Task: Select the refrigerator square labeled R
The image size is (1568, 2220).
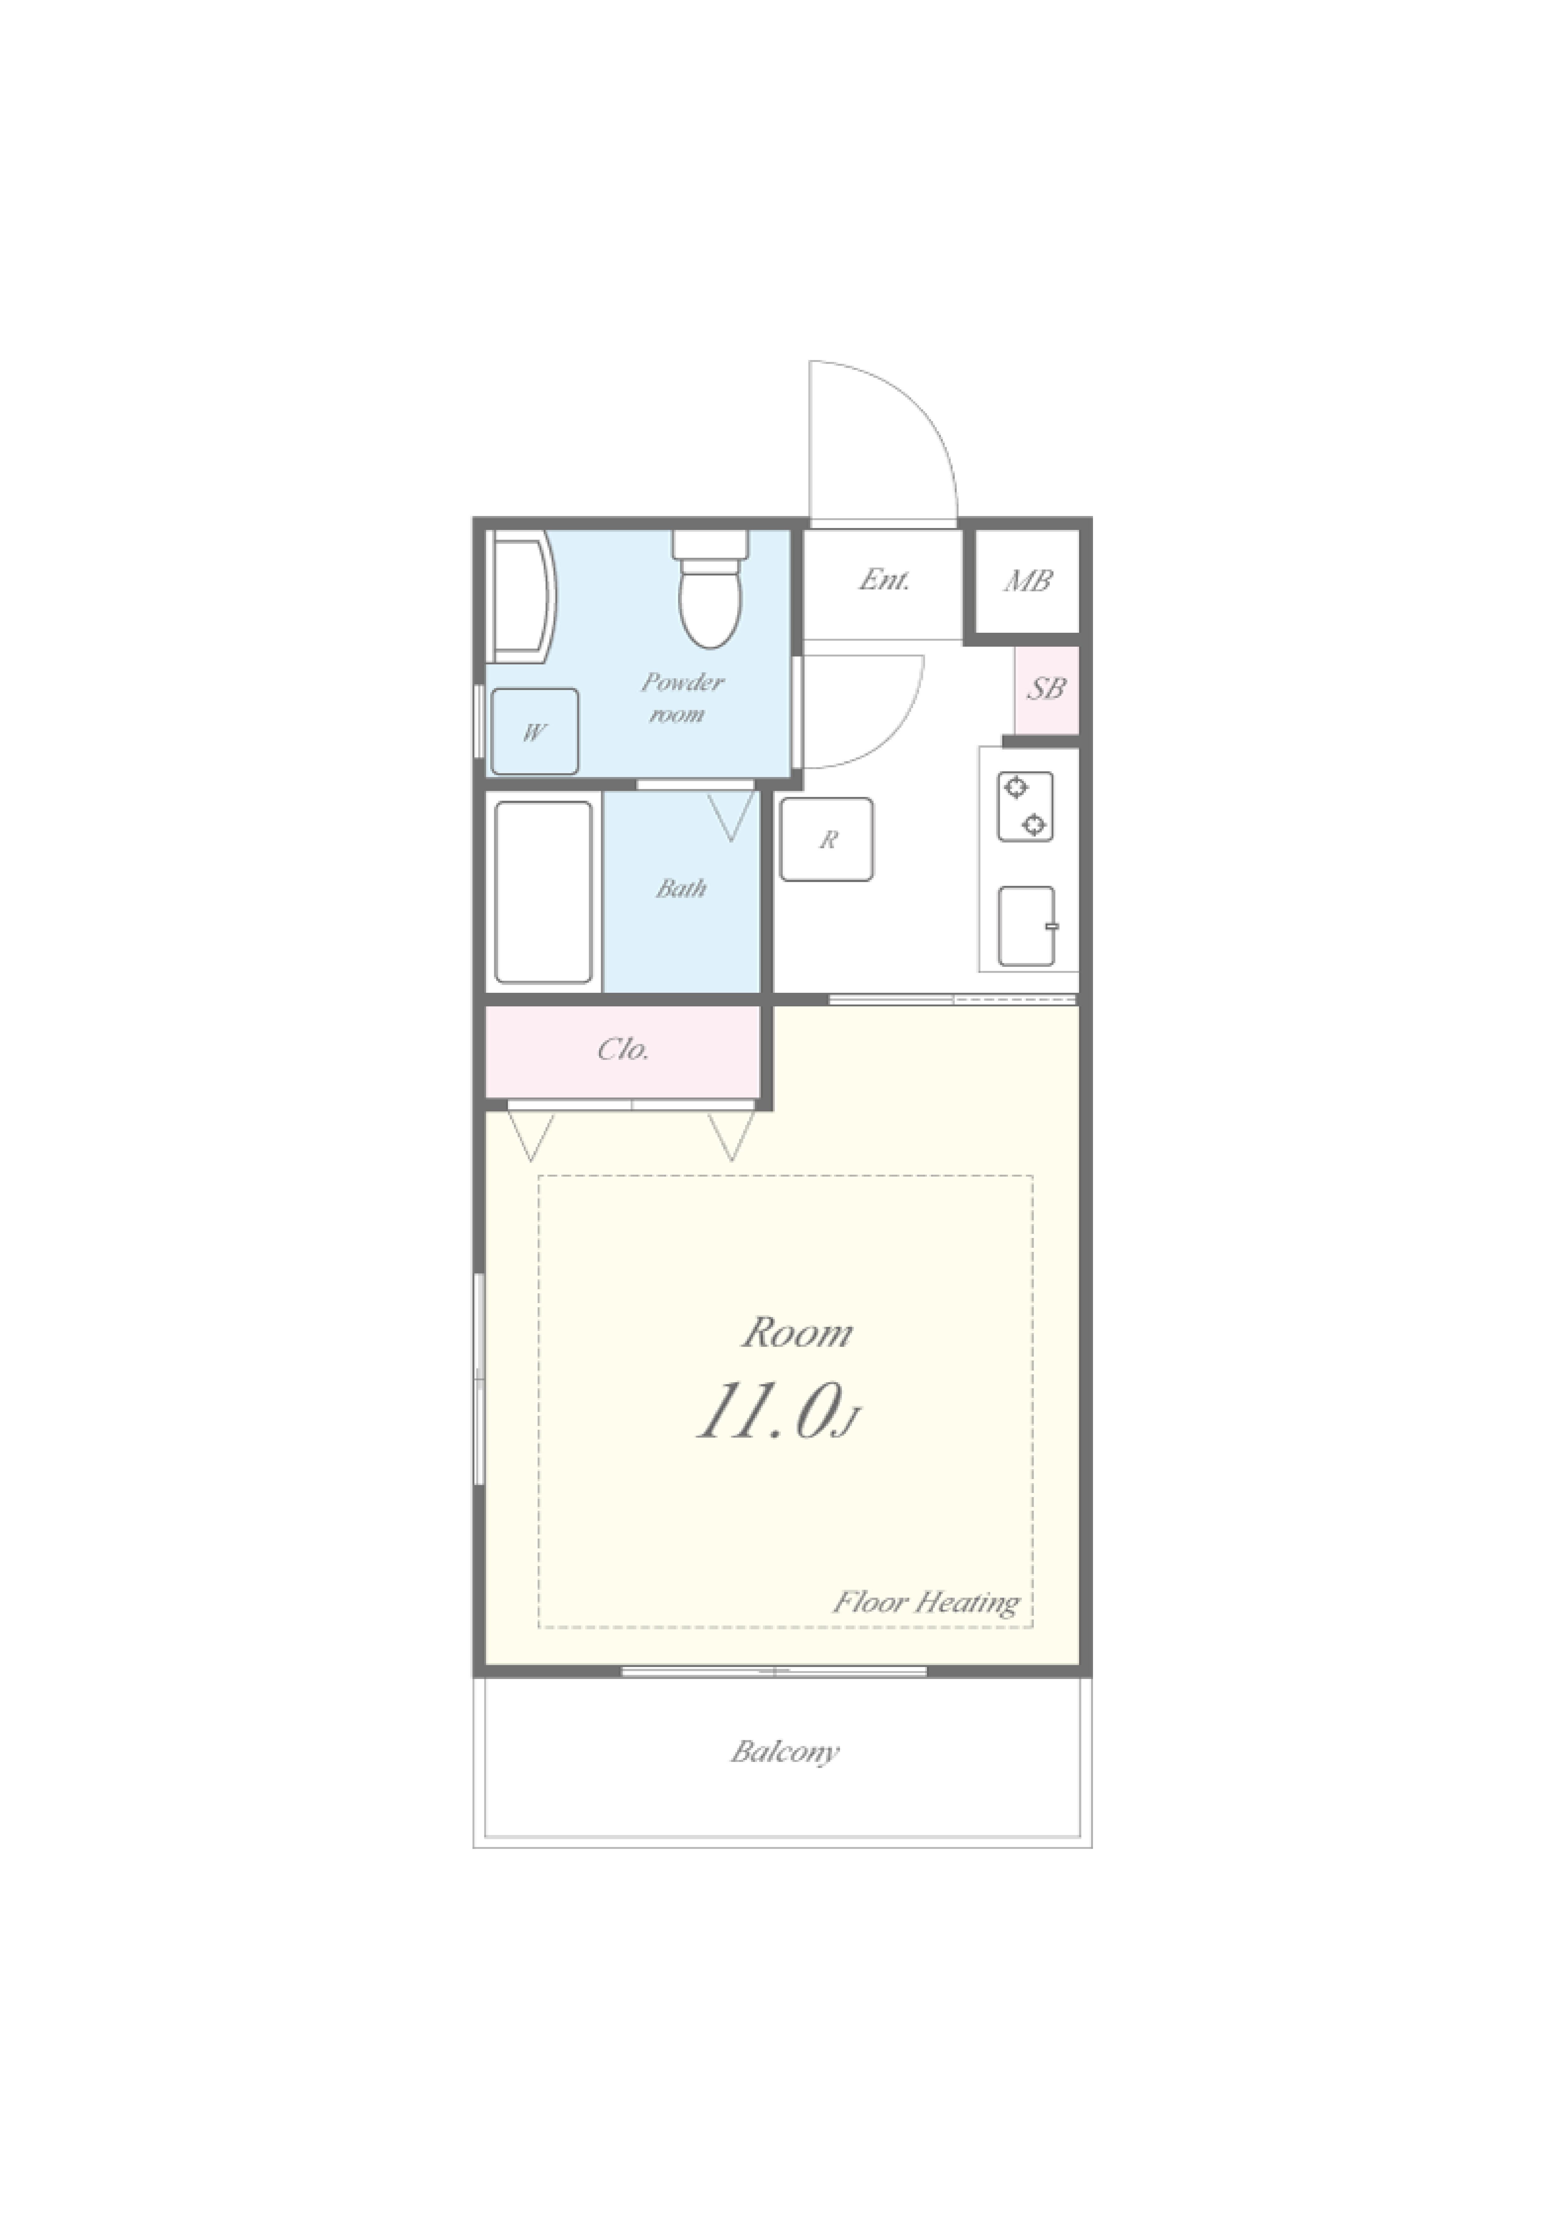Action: point(826,839)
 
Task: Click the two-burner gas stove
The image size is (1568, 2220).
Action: point(1025,806)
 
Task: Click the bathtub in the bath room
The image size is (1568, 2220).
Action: point(543,892)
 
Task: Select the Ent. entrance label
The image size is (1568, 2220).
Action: point(884,580)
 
